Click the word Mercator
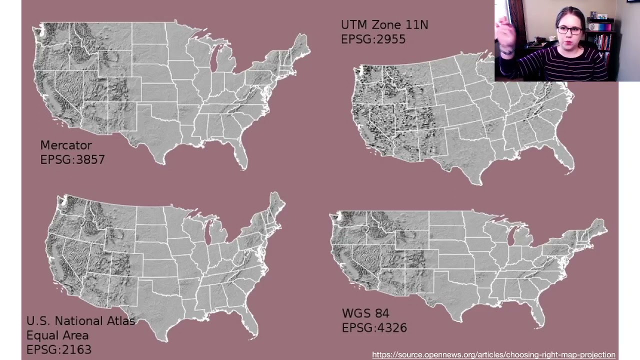66,145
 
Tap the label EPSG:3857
72,159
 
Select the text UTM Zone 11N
384,24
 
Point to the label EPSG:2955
373,39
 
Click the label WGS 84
365,313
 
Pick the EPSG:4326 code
374,328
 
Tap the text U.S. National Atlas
80,321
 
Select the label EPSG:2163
58,349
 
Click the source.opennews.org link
493,354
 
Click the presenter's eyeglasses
569,30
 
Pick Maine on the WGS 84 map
597,228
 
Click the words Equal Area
57,335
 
